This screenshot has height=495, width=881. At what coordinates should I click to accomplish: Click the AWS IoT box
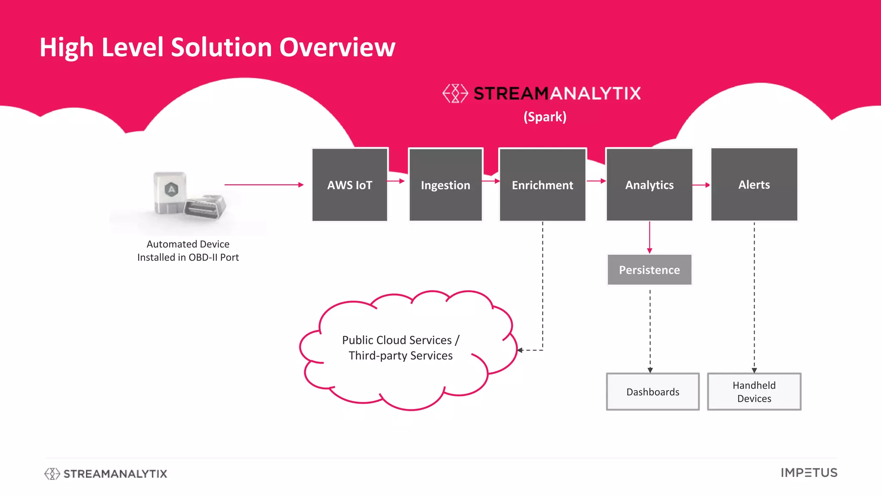pos(349,185)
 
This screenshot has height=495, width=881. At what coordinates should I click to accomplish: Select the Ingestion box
pos(445,185)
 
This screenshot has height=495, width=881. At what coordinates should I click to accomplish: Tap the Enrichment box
pos(542,185)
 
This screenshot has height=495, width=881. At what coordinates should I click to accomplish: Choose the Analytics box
pos(649,185)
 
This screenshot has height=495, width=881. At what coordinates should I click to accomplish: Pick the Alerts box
pos(754,184)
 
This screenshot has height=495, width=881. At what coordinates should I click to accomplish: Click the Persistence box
pos(649,270)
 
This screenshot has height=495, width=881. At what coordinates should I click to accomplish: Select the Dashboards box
pos(653,391)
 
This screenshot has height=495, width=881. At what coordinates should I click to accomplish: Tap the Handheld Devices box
pos(754,391)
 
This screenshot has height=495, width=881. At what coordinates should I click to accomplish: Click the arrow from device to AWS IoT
pos(263,185)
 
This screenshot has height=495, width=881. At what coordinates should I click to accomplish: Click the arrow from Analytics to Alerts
pos(701,185)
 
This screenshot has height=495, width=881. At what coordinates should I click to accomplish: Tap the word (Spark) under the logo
pos(545,117)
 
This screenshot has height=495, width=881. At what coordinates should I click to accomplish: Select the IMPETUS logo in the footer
pos(809,473)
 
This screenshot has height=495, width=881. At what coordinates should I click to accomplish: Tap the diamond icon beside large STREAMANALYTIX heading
pos(455,93)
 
